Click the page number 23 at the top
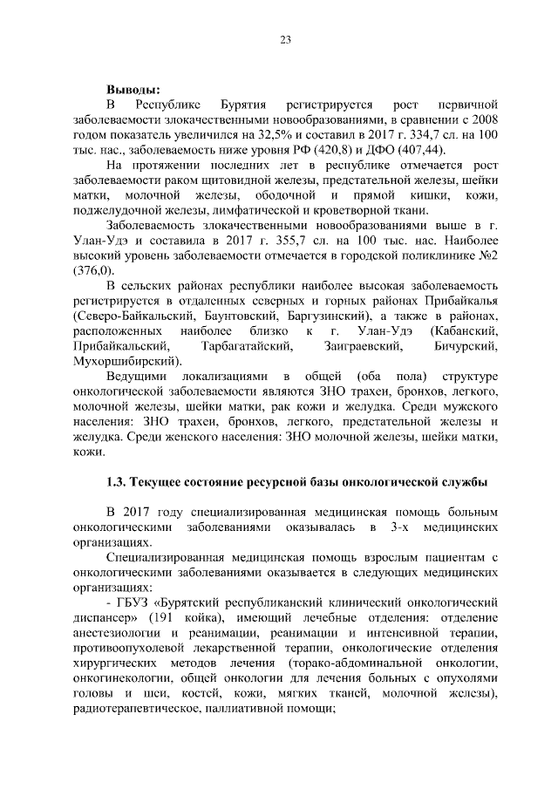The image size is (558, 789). [x=285, y=38]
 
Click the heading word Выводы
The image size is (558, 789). [x=133, y=89]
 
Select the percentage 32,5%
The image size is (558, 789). [x=280, y=135]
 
